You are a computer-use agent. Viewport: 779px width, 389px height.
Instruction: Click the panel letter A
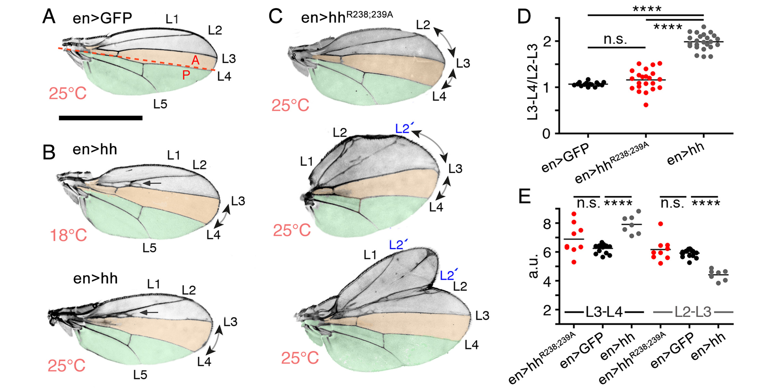coord(49,17)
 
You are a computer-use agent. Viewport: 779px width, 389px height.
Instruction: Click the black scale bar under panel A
coord(101,118)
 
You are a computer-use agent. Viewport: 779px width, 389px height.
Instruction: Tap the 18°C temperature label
coord(68,235)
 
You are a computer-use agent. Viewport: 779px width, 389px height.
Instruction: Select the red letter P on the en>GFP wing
coord(186,76)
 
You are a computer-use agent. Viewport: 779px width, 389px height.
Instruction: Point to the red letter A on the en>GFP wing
coord(195,60)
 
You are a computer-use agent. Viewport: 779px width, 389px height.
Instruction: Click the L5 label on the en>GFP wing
coord(160,104)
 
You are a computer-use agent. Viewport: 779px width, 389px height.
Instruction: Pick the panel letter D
coord(524,17)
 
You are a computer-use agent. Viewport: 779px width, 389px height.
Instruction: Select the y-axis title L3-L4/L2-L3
coord(533,83)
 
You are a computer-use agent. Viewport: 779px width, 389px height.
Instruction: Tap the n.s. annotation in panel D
coord(615,39)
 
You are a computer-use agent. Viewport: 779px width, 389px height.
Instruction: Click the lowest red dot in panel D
coord(646,105)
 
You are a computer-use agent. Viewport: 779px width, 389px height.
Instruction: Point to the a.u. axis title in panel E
coord(533,266)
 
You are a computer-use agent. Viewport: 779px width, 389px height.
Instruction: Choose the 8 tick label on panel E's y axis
coord(547,223)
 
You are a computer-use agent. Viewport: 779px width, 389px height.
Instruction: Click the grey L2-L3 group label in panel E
coord(693,312)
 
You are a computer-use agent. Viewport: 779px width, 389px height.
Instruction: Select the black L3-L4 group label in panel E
coord(604,312)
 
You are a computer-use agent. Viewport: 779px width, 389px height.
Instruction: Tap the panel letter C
coord(275,17)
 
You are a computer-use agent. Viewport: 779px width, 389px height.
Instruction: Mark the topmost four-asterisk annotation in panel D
coord(647,9)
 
